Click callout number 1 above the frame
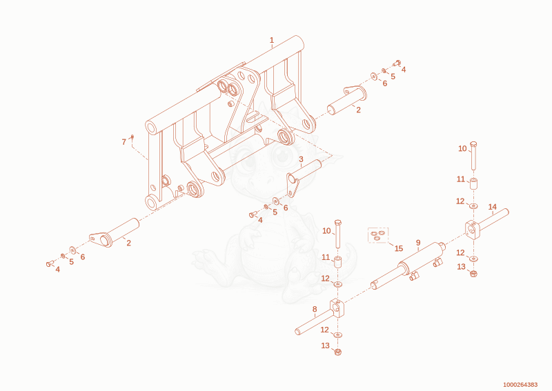point(271,40)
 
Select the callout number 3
point(301,159)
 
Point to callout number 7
point(124,142)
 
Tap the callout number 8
point(315,309)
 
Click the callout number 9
point(418,243)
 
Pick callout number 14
point(492,207)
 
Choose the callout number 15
point(399,248)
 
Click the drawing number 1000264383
point(520,385)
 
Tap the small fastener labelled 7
point(132,137)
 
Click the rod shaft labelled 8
point(313,324)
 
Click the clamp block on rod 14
point(473,229)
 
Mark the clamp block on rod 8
point(337,308)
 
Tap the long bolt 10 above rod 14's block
point(473,155)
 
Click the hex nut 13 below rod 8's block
point(338,351)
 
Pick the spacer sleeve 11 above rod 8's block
point(338,262)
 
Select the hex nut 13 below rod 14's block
point(474,273)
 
